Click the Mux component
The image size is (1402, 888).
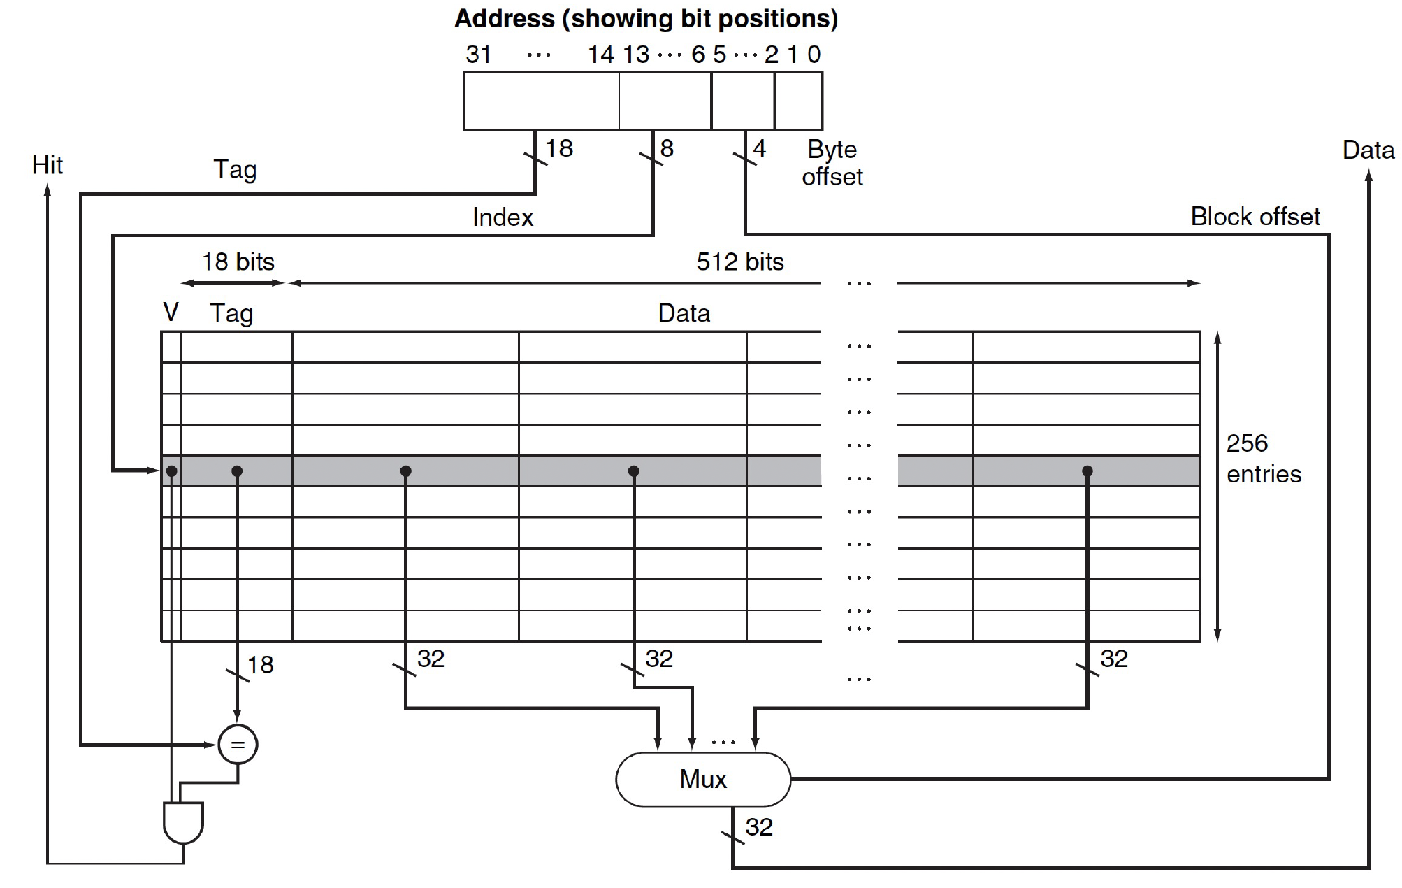(x=702, y=779)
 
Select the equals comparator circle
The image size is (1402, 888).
(x=238, y=745)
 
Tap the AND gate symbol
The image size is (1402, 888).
(x=183, y=822)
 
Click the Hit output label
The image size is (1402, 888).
(x=48, y=165)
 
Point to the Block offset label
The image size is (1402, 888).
(x=1255, y=217)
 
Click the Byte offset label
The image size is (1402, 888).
(x=832, y=163)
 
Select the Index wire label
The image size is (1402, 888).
(x=503, y=217)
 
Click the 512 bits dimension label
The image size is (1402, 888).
(x=739, y=262)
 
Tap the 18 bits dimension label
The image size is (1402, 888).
(x=238, y=262)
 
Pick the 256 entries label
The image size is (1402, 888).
(x=1263, y=459)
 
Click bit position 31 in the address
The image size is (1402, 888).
(x=479, y=55)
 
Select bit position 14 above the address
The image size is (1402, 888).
(x=600, y=55)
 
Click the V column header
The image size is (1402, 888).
(x=171, y=312)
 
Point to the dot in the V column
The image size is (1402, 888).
(x=172, y=471)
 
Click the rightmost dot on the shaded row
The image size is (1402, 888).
(x=1087, y=471)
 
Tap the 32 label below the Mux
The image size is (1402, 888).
(x=759, y=827)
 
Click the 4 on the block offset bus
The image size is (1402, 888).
(x=760, y=148)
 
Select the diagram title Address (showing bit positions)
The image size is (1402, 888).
(x=646, y=19)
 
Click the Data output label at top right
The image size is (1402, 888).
(x=1368, y=150)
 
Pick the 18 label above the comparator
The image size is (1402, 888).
(x=261, y=664)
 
